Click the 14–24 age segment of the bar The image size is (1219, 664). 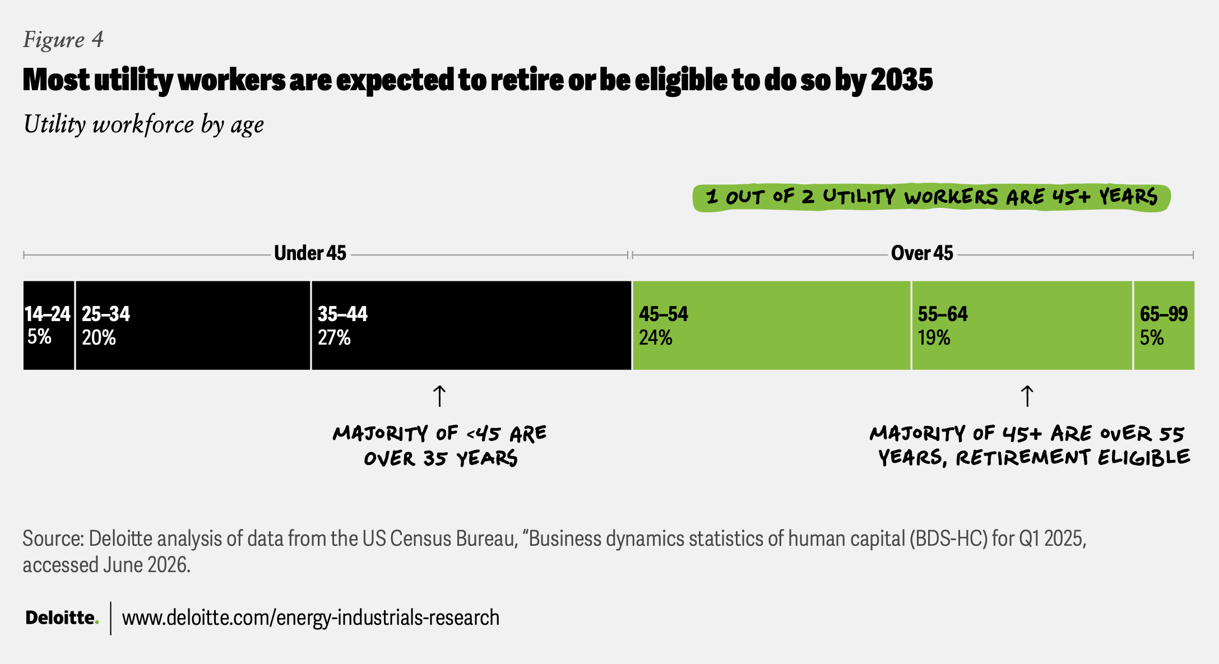coord(49,325)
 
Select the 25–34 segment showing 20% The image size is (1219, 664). coord(193,325)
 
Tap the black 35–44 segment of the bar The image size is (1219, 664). coord(471,325)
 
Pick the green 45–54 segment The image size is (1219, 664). coord(771,325)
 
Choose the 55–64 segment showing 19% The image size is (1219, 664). coord(1022,325)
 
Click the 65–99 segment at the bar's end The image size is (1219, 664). coord(1164,325)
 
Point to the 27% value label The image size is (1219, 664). coord(334,338)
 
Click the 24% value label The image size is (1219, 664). coord(655,338)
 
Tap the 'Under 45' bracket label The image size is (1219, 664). coord(310,253)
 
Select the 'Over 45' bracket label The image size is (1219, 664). coord(922,253)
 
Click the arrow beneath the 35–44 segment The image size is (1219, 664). coord(439,396)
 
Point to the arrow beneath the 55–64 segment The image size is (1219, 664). coord(1027,396)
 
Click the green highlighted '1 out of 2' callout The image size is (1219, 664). coord(931,197)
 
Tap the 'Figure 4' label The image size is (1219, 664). coord(63,39)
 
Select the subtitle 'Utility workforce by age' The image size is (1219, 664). coord(143,124)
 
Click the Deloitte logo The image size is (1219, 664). coord(62,617)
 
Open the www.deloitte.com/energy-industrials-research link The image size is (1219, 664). coord(310,617)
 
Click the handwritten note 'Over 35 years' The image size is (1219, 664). coord(441,459)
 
